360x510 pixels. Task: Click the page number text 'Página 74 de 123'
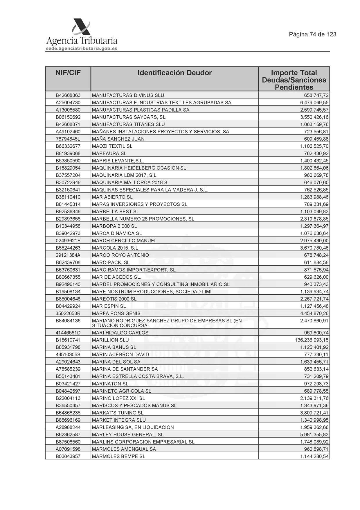[312, 34]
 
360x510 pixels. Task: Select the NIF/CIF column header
[68, 73]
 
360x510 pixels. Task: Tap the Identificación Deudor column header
[174, 73]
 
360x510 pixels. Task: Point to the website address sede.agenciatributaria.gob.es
[82, 49]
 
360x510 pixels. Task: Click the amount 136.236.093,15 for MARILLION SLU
[312, 340]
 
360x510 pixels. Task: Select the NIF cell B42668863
[68, 95]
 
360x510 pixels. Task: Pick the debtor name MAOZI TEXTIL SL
[112, 146]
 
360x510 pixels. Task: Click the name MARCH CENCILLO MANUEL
[124, 241]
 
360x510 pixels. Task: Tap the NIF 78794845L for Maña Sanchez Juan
[68, 139]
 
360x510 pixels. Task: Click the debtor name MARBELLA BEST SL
[115, 212]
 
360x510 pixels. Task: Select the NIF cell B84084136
[68, 321]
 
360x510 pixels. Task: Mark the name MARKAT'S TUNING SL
[118, 413]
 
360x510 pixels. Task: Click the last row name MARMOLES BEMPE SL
[118, 456]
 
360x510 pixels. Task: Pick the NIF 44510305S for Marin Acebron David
[68, 355]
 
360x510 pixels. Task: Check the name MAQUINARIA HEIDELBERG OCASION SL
[139, 168]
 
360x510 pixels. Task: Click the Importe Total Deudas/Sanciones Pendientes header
[294, 80]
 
